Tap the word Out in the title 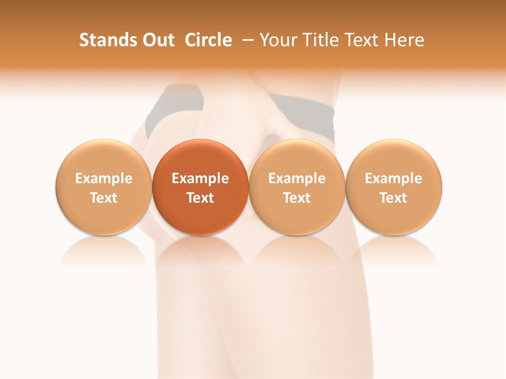(157, 40)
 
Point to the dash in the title (246, 40)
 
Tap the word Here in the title (403, 40)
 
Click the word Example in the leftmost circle (103, 178)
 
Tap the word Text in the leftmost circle (103, 198)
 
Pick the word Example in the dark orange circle (200, 178)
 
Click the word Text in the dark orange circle (200, 198)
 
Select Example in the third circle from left (297, 178)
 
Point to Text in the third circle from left (297, 198)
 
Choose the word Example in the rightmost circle (393, 178)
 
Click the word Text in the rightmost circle (393, 198)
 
